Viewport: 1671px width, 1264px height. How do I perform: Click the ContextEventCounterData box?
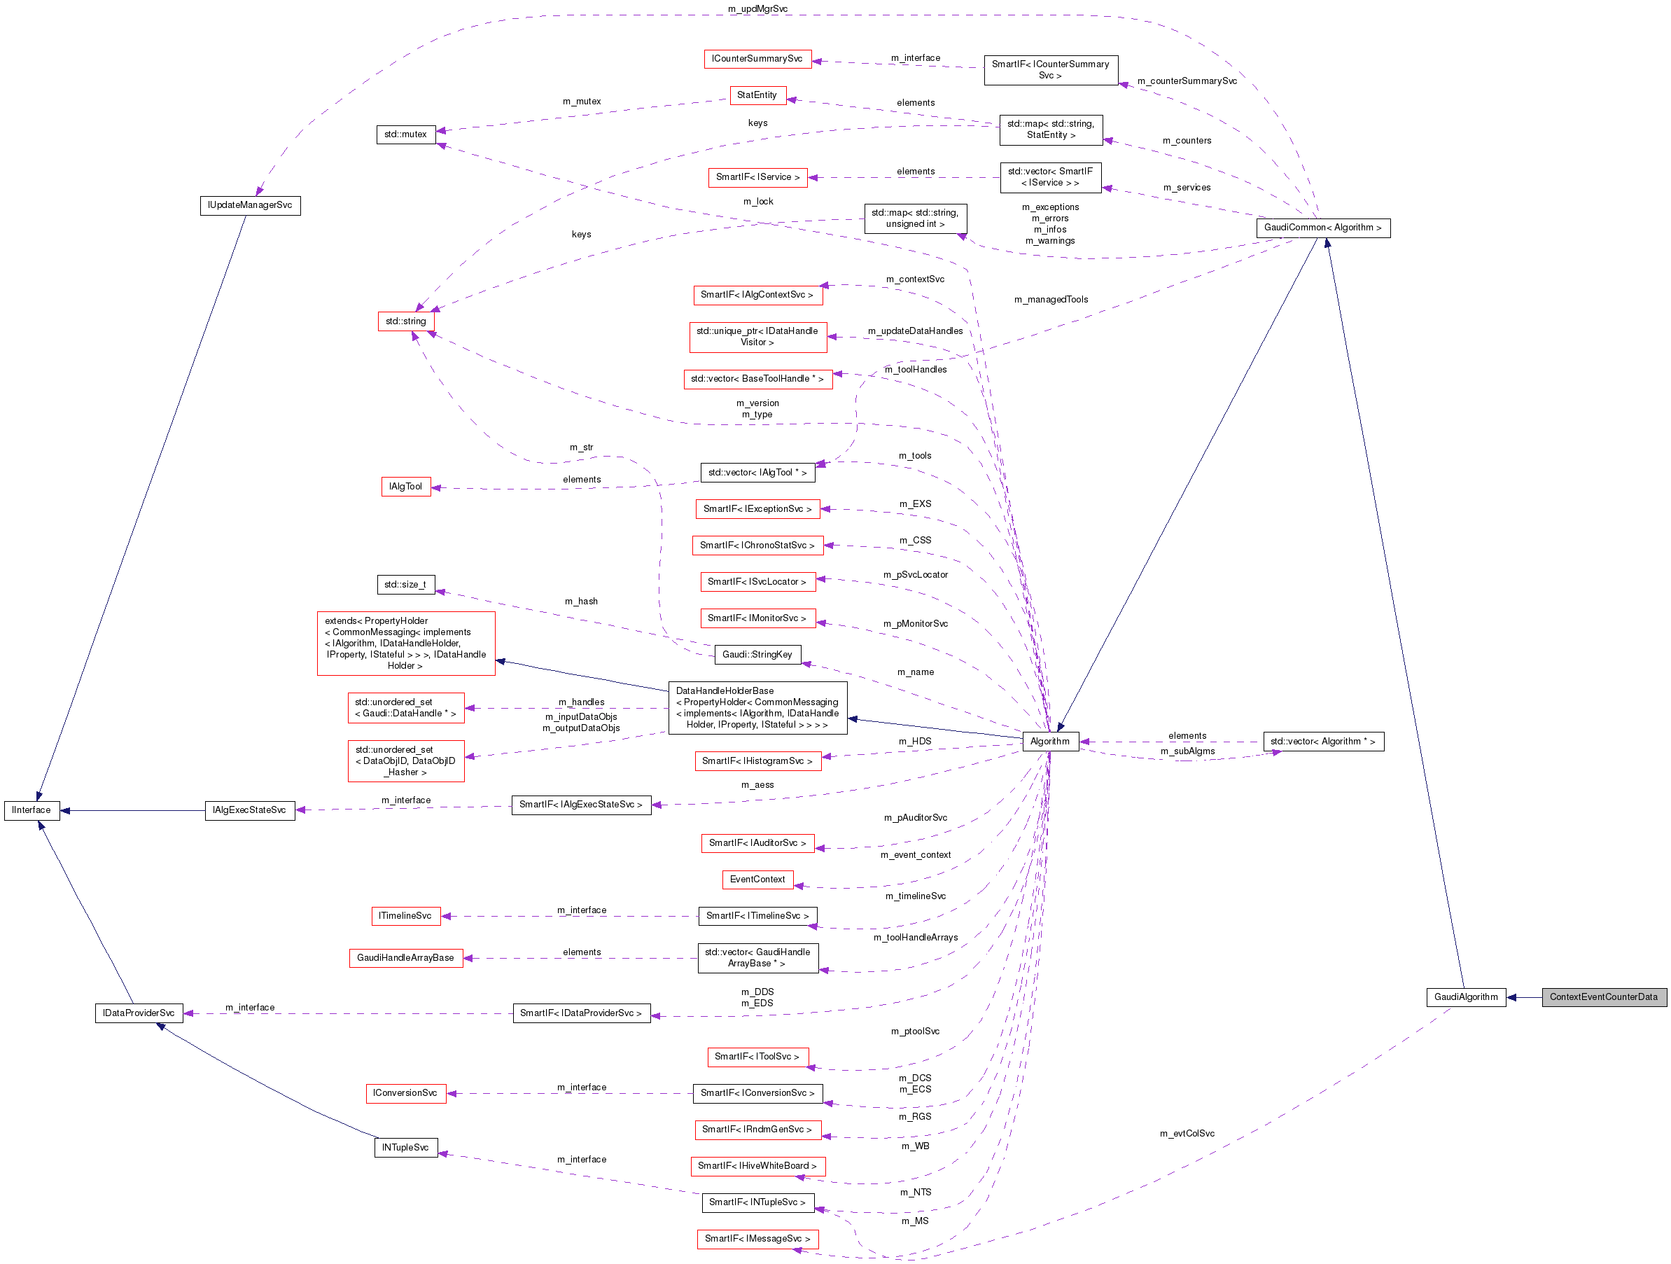tap(1603, 996)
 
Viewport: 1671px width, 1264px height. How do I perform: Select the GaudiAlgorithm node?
tap(1464, 996)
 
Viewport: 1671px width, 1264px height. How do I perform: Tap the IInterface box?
tap(32, 810)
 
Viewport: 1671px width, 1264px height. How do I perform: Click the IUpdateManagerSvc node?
tap(250, 204)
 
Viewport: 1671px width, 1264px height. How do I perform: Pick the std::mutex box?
tap(405, 134)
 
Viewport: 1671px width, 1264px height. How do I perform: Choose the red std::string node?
tap(405, 321)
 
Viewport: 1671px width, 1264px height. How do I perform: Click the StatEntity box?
tap(757, 95)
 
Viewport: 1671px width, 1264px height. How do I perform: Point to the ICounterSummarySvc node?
tap(757, 58)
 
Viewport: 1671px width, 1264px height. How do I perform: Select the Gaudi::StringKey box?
tap(757, 654)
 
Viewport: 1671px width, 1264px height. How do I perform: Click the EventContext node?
tap(757, 879)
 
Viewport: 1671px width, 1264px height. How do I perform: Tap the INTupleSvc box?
tap(405, 1147)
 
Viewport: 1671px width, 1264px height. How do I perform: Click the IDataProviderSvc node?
tap(139, 1013)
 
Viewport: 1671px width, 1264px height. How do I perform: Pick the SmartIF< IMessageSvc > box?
tap(757, 1238)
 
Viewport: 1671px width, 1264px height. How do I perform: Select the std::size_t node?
tap(405, 584)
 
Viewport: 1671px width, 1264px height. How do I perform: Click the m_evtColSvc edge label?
tap(1187, 1133)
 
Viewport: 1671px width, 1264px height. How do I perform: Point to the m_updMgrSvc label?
tap(757, 9)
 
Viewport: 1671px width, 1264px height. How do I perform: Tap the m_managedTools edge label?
tap(1051, 299)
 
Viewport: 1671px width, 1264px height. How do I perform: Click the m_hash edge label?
tap(581, 602)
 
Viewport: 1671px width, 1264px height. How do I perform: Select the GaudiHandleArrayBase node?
tap(405, 957)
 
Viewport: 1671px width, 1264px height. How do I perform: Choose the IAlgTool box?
tap(405, 487)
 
